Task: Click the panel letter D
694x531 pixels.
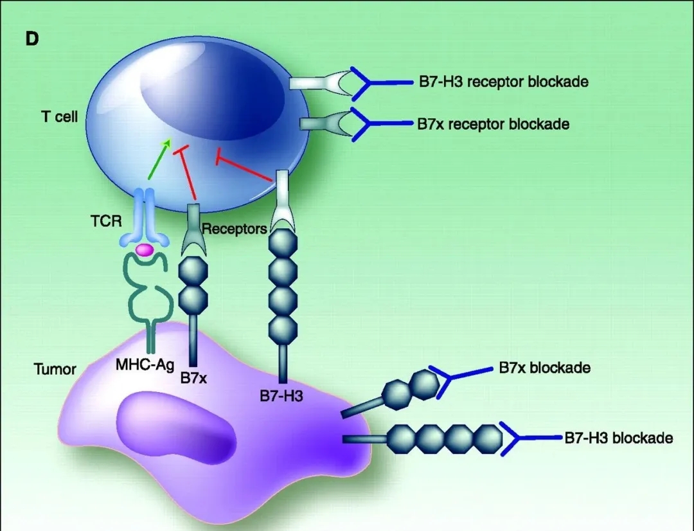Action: coord(32,39)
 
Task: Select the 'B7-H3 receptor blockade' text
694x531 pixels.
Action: coord(503,82)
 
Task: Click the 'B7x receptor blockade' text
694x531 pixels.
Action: coord(493,123)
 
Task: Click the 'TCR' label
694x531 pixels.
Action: coord(106,221)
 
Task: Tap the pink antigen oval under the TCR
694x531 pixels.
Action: coord(144,249)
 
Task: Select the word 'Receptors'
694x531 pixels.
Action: coord(234,228)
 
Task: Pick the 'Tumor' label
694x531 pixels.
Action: coord(55,370)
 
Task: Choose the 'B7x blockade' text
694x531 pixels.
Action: coord(544,368)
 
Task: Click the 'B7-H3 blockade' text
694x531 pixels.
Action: coord(618,438)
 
